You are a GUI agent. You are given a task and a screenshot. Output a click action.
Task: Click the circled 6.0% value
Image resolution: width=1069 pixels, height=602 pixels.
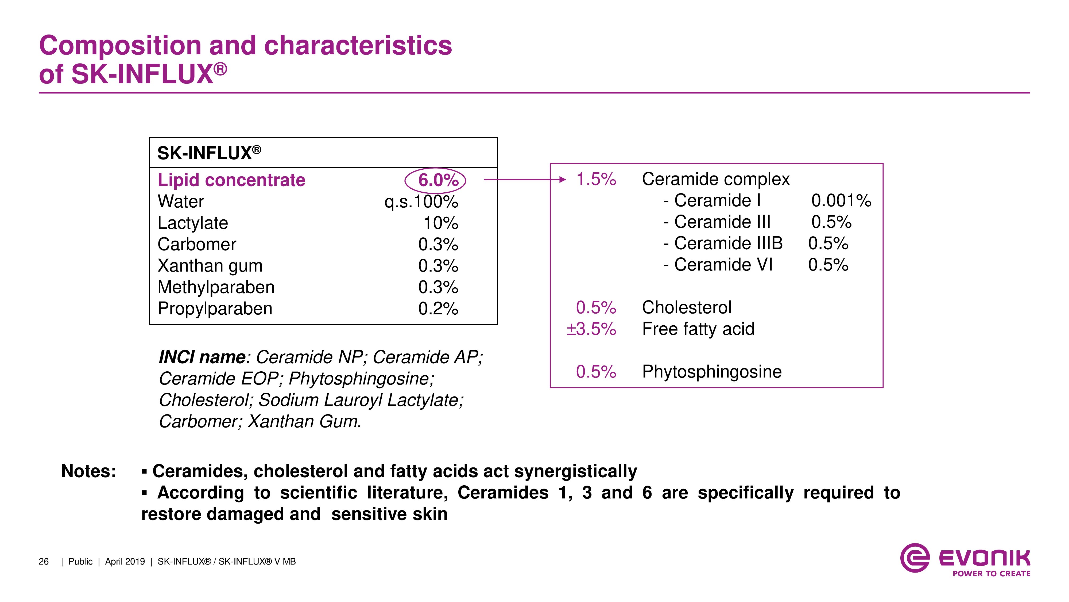(x=438, y=180)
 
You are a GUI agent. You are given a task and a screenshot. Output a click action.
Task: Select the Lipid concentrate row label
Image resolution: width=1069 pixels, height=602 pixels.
(x=231, y=180)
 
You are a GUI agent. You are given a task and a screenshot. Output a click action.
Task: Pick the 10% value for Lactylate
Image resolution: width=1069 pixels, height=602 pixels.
(x=441, y=223)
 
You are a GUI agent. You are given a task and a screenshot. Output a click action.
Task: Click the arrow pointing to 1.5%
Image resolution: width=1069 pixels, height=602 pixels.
(x=525, y=180)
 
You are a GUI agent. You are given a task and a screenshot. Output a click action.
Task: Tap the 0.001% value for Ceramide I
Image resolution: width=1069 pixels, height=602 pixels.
(x=841, y=201)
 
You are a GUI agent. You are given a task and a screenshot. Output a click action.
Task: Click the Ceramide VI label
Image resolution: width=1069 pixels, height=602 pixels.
(x=723, y=265)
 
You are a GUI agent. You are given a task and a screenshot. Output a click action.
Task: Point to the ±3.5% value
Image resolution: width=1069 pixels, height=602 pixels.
(x=591, y=329)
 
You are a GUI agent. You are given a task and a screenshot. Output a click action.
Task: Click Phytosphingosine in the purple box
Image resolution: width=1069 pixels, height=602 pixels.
(x=712, y=372)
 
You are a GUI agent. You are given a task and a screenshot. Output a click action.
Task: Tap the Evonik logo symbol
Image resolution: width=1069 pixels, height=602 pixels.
(x=914, y=558)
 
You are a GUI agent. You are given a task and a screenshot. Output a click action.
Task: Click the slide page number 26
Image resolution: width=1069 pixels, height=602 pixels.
(x=44, y=562)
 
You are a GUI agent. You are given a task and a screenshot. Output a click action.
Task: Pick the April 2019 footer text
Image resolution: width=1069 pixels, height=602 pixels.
(x=125, y=562)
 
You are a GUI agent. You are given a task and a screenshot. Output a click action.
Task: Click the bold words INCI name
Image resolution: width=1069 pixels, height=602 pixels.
(x=202, y=357)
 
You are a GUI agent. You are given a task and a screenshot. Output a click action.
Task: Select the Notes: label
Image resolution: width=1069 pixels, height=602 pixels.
(x=88, y=471)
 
